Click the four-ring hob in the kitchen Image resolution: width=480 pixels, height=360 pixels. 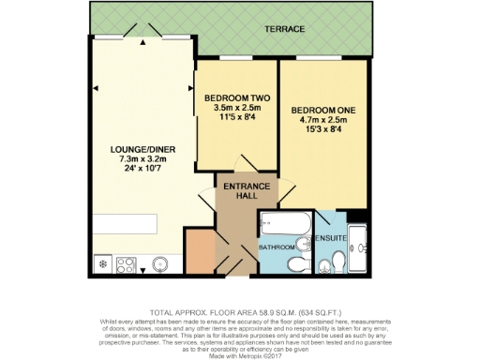pyautogui.click(x=126, y=265)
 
